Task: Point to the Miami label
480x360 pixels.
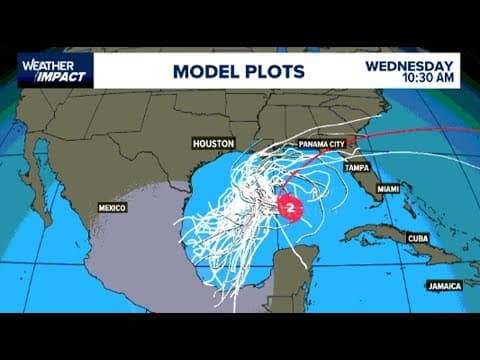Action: pos(389,188)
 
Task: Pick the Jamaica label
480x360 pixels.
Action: pos(442,284)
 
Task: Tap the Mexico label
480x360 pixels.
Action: pos(111,207)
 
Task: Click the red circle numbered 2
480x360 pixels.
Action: pos(291,209)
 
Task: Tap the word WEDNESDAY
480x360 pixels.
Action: pos(410,65)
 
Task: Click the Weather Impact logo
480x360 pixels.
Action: pos(56,70)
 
